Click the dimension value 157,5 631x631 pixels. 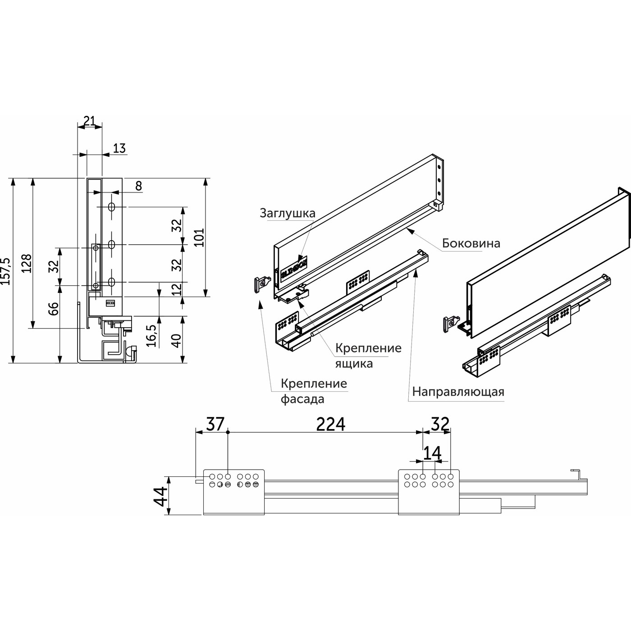pyautogui.click(x=5, y=271)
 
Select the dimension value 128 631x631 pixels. pyautogui.click(x=26, y=263)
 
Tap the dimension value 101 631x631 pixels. pyautogui.click(x=199, y=238)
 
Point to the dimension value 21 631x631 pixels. pyautogui.click(x=89, y=120)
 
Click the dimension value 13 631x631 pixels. pyautogui.click(x=119, y=148)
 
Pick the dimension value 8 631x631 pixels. pyautogui.click(x=138, y=186)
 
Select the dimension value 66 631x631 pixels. pyautogui.click(x=53, y=308)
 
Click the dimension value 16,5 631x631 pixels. pyautogui.click(x=152, y=335)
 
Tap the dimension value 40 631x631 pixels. pyautogui.click(x=177, y=340)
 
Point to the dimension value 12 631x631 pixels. pyautogui.click(x=177, y=288)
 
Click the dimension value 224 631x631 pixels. pyautogui.click(x=330, y=424)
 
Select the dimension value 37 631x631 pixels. pyautogui.click(x=215, y=424)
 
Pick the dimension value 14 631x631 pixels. pyautogui.click(x=432, y=453)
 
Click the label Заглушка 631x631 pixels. pyautogui.click(x=288, y=213)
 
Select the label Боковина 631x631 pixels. pyautogui.click(x=471, y=243)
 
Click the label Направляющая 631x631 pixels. pyautogui.click(x=458, y=391)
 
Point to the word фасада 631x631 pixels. pyautogui.click(x=302, y=399)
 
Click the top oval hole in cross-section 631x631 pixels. pyautogui.click(x=112, y=207)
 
